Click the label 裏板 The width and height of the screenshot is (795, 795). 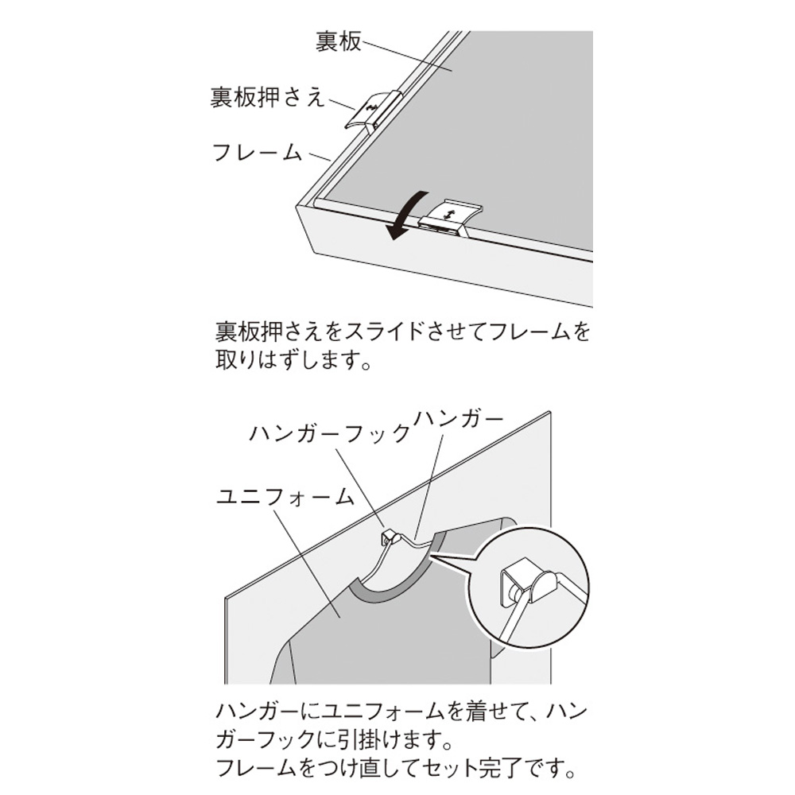pyautogui.click(x=338, y=41)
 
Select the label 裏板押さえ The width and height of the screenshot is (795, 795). pyautogui.click(x=268, y=96)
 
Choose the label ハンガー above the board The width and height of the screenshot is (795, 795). pyautogui.click(x=459, y=419)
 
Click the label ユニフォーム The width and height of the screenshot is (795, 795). pyautogui.click(x=285, y=496)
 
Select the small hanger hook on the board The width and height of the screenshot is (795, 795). pyautogui.click(x=390, y=537)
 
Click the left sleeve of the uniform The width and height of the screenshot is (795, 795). pyautogui.click(x=282, y=661)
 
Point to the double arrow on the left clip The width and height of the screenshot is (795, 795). pyautogui.click(x=371, y=107)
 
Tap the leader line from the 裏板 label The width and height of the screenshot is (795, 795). pyautogui.click(x=407, y=57)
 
